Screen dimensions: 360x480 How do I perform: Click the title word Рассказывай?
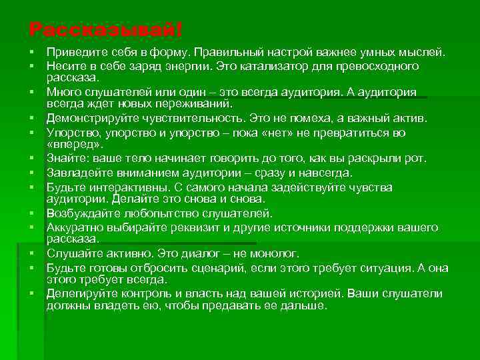pyautogui.click(x=105, y=30)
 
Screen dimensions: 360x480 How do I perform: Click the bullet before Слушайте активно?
pyautogui.click(x=32, y=254)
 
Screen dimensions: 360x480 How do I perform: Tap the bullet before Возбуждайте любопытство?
pyautogui.click(x=32, y=214)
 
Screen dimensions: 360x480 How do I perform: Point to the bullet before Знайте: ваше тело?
pyautogui.click(x=32, y=159)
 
